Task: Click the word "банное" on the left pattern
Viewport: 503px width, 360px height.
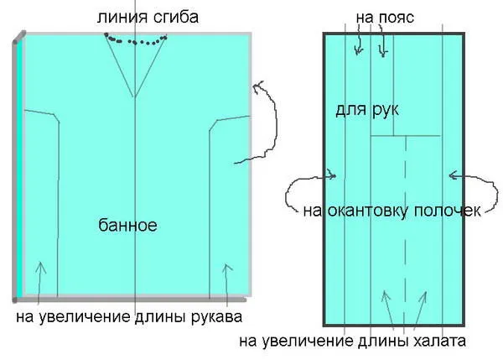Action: tap(127, 225)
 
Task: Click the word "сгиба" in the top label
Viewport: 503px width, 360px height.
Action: tap(176, 17)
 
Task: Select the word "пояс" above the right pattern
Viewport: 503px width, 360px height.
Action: tap(397, 18)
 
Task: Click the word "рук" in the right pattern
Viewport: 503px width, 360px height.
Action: tap(386, 111)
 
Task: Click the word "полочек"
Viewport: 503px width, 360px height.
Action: tap(448, 211)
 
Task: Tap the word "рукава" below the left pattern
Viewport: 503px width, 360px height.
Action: tap(217, 317)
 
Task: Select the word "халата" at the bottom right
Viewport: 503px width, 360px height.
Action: tap(439, 341)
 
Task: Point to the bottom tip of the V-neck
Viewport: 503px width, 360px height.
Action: tap(134, 97)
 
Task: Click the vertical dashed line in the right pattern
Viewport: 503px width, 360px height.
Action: tap(405, 232)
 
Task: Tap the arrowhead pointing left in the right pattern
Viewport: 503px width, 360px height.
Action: tap(453, 175)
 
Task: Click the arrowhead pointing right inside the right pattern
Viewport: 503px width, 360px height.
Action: tap(332, 175)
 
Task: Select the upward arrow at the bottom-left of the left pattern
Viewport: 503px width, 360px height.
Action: tap(39, 283)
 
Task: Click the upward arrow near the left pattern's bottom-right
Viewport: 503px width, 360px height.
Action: tap(227, 284)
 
